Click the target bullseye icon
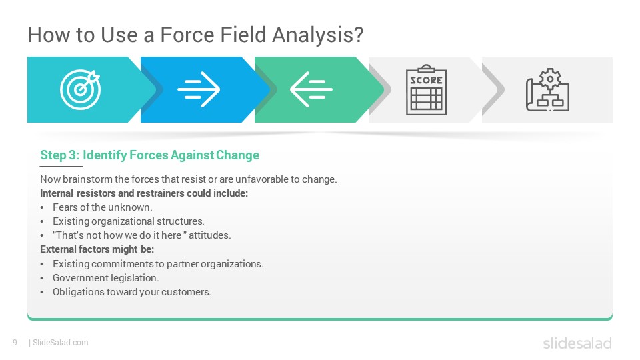[81, 89]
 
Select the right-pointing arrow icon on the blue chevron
[199, 89]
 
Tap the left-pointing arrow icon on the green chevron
[311, 89]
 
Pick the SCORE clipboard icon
[426, 90]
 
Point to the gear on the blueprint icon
[550, 79]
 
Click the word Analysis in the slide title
[317, 35]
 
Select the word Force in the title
[187, 35]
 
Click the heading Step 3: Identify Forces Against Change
[149, 155]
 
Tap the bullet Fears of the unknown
[103, 207]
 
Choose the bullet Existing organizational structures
[129, 221]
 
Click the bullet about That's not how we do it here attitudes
[141, 235]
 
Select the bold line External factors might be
[97, 249]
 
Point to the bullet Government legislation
[106, 278]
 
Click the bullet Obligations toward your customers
[132, 292]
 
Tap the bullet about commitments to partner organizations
[158, 264]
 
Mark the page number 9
[15, 343]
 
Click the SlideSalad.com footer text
[61, 343]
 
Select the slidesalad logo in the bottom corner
[577, 343]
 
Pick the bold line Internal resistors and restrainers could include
[144, 193]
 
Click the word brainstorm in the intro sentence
[88, 179]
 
